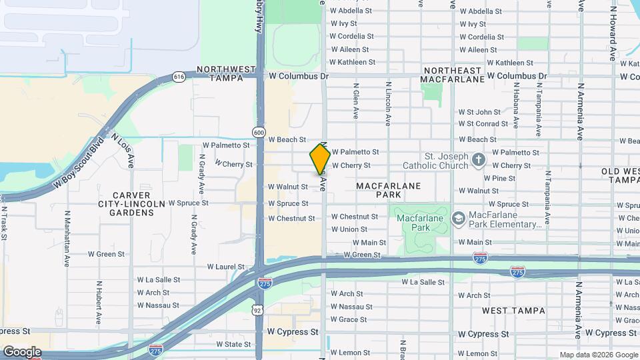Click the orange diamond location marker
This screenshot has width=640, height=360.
pyautogui.click(x=320, y=159)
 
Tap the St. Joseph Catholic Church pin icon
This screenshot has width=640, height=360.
pyautogui.click(x=478, y=159)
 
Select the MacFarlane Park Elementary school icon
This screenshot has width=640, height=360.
pyautogui.click(x=458, y=218)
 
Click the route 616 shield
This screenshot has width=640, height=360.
pyautogui.click(x=179, y=77)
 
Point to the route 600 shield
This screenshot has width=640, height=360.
pyautogui.click(x=258, y=131)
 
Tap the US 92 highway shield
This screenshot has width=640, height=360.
pyautogui.click(x=258, y=310)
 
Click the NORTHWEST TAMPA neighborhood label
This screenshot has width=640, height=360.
pyautogui.click(x=226, y=73)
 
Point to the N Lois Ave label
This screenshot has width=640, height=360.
pyautogui.click(x=123, y=149)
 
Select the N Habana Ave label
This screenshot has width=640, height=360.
pyautogui.click(x=516, y=107)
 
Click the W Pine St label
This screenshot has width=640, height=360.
pyautogui.click(x=499, y=178)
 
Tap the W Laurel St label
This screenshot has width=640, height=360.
pyautogui.click(x=226, y=267)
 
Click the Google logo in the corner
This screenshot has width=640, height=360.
pyautogui.click(x=22, y=352)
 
